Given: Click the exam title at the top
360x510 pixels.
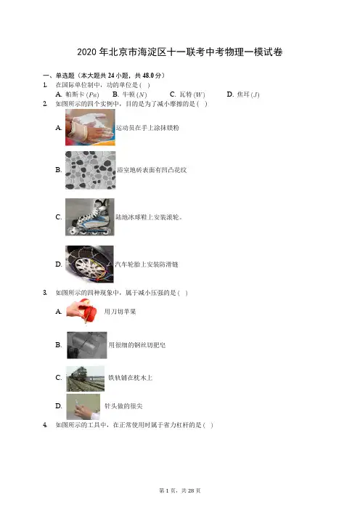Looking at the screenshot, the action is [x=180, y=52].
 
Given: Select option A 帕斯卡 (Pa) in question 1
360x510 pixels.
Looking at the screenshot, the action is [x=77, y=94].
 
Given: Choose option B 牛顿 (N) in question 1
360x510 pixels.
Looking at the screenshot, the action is [x=130, y=94].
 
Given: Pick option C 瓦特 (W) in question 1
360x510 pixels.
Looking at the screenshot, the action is [x=187, y=94].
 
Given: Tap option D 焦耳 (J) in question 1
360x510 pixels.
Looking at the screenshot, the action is [x=243, y=94].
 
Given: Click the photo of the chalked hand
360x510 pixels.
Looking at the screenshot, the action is [x=90, y=127].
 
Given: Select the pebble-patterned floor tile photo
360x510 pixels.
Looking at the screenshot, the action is [x=90, y=170].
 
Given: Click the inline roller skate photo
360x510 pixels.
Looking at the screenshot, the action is [x=90, y=217].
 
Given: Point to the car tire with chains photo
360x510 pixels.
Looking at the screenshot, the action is [x=89, y=264].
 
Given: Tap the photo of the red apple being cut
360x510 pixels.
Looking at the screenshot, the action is [x=83, y=311].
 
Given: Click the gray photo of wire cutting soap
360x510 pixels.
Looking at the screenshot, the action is [x=87, y=345].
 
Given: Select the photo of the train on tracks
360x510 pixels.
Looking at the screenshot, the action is [x=85, y=379].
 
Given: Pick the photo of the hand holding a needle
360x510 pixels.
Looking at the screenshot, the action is [x=83, y=407].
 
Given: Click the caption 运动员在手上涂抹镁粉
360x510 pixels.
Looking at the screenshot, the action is [x=147, y=128].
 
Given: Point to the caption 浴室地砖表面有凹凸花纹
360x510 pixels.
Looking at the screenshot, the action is [x=152, y=170].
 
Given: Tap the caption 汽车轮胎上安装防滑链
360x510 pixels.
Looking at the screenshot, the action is [x=147, y=264].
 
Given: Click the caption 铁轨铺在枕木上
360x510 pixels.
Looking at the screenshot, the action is [x=130, y=378].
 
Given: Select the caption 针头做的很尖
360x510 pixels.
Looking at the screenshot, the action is [x=123, y=406].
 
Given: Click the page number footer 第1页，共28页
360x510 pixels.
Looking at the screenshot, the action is [x=180, y=490].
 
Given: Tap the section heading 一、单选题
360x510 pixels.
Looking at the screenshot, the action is [x=59, y=76].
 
